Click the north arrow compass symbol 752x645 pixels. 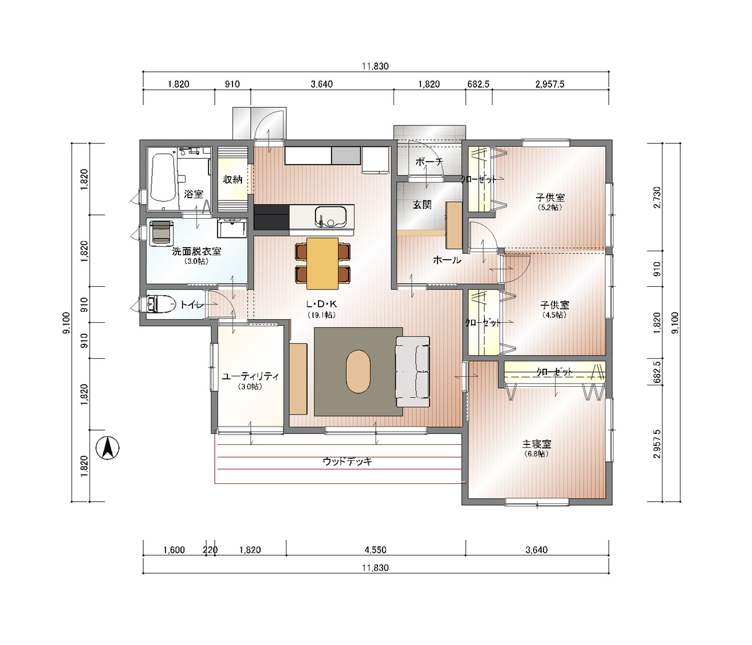107,448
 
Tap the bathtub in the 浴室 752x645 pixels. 162,178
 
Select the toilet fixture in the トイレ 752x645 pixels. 160,304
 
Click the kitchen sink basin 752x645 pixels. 330,217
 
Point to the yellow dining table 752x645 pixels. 322,263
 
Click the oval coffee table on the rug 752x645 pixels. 359,372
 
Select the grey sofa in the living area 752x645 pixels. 412,372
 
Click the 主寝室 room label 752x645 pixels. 537,444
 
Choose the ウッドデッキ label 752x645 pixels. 348,462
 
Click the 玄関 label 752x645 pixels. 422,205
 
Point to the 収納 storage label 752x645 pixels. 233,179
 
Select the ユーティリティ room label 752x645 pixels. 250,376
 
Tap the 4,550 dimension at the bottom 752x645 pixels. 376,550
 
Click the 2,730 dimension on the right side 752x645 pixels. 657,197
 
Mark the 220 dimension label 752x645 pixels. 210,550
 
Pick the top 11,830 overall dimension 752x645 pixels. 376,67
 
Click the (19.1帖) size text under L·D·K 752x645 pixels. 322,315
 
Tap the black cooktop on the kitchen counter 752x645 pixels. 271,217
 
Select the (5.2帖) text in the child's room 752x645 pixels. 550,208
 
